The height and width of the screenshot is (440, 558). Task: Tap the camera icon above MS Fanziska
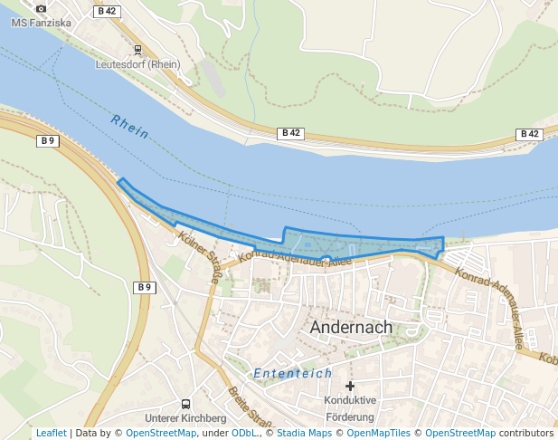[41, 8]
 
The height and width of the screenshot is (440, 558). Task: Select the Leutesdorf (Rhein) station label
[138, 64]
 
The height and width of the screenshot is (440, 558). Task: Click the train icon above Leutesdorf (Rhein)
[137, 50]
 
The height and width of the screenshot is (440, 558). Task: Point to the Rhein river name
[130, 127]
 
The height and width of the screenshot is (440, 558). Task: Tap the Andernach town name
[351, 328]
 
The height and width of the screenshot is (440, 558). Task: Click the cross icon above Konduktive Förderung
[350, 386]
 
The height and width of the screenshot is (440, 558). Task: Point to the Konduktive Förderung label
[348, 408]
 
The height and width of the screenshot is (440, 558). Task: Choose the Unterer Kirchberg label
[185, 418]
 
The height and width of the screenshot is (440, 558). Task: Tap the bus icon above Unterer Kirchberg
[185, 403]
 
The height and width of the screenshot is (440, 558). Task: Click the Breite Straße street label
[251, 407]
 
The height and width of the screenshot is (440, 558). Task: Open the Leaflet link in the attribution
[51, 433]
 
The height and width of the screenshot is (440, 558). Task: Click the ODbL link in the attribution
[244, 433]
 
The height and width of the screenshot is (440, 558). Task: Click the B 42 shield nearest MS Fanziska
[106, 11]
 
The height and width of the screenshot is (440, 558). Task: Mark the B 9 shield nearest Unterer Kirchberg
[144, 287]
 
